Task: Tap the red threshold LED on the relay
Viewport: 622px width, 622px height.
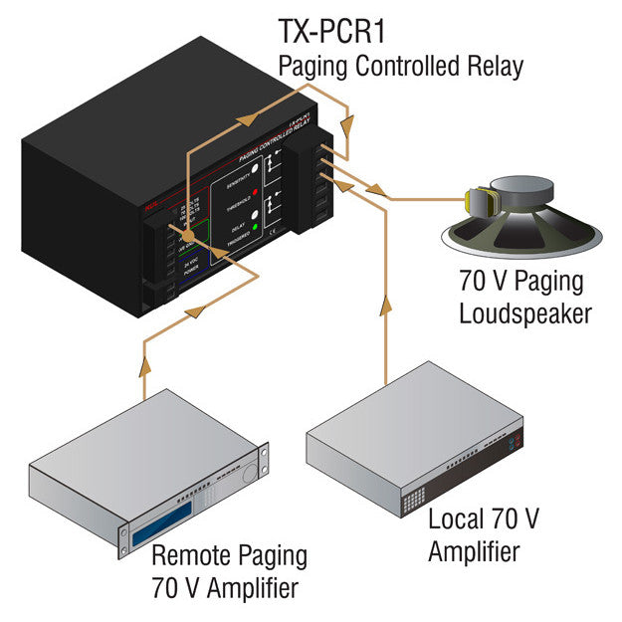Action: point(257,189)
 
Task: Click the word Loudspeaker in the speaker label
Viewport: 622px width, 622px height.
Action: point(524,313)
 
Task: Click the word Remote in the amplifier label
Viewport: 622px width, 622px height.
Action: point(188,555)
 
